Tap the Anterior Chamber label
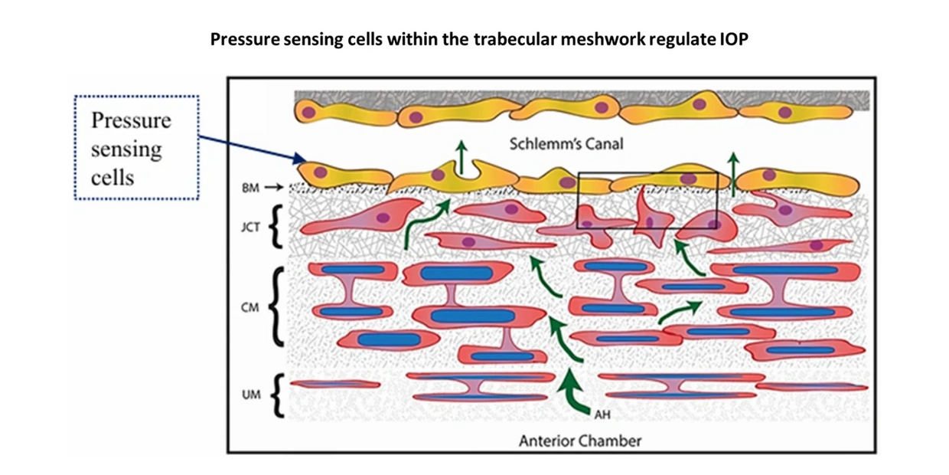[x=579, y=441]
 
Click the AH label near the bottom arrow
[x=602, y=415]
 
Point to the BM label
[x=249, y=188]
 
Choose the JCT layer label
[x=250, y=228]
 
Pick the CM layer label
[x=250, y=307]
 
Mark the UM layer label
[x=250, y=395]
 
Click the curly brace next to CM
[x=277, y=306]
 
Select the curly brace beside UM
[x=278, y=395]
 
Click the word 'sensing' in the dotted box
[x=126, y=149]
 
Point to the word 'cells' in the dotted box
[x=113, y=177]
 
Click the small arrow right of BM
[x=274, y=188]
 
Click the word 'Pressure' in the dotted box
[x=131, y=120]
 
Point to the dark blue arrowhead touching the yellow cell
[x=299, y=159]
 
